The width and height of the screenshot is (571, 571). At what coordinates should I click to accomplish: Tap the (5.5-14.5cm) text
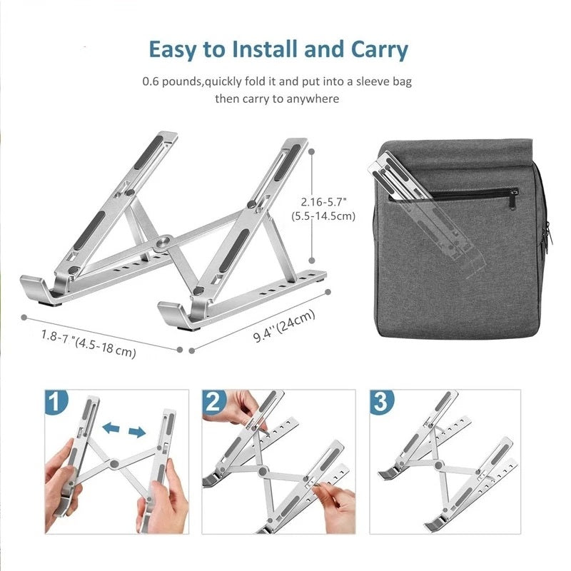click(x=323, y=216)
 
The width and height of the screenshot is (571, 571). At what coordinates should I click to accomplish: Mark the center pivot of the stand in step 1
click(x=113, y=465)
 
